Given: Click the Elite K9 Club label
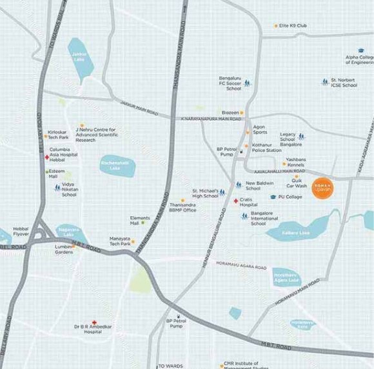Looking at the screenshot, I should pyautogui.click(x=293, y=26).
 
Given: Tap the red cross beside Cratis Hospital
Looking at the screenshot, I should pyautogui.click(x=235, y=201).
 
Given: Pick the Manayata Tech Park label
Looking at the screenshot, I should pyautogui.click(x=120, y=241).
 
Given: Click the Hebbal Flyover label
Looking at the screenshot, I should pyautogui.click(x=21, y=231).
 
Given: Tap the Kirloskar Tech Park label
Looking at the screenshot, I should pyautogui.click(x=58, y=134).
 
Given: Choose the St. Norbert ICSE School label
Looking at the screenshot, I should pyautogui.click(x=344, y=83).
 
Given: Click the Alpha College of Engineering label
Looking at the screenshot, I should pyautogui.click(x=359, y=59).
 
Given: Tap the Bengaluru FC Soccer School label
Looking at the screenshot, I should pyautogui.click(x=230, y=82).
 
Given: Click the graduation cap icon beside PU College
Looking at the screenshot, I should pyautogui.click(x=273, y=197).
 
